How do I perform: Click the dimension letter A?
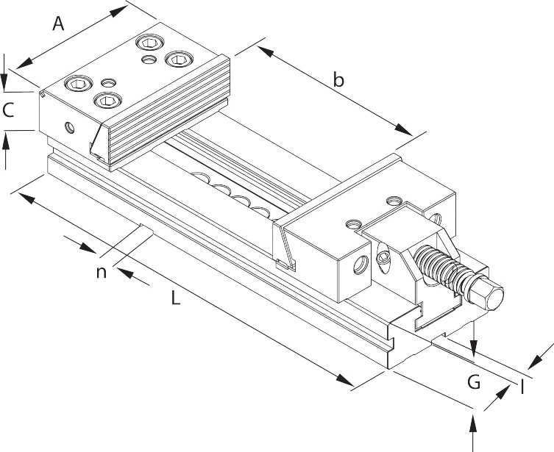59,24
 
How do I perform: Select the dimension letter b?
338,80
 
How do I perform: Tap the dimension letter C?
9,111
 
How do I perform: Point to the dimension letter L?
175,298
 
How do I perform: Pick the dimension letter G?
474,381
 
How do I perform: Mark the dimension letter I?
522,385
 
